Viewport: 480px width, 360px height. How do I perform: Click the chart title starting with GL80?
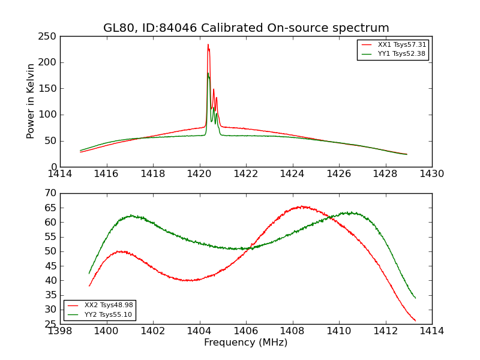click(x=246, y=28)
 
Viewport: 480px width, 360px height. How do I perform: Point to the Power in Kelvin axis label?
click(x=31, y=101)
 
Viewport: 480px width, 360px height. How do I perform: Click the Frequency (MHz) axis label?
click(x=246, y=343)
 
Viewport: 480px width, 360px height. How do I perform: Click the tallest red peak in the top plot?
click(x=208, y=44)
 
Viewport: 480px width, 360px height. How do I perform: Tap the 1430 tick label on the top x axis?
click(x=432, y=174)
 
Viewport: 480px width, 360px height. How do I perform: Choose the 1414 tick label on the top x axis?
click(x=60, y=174)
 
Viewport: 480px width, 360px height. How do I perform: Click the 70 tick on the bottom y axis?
click(x=50, y=193)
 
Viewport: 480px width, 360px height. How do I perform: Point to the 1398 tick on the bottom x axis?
click(x=60, y=331)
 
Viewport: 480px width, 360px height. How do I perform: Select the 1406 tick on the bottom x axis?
click(x=246, y=331)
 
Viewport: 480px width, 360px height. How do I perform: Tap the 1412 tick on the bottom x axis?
click(x=385, y=331)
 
